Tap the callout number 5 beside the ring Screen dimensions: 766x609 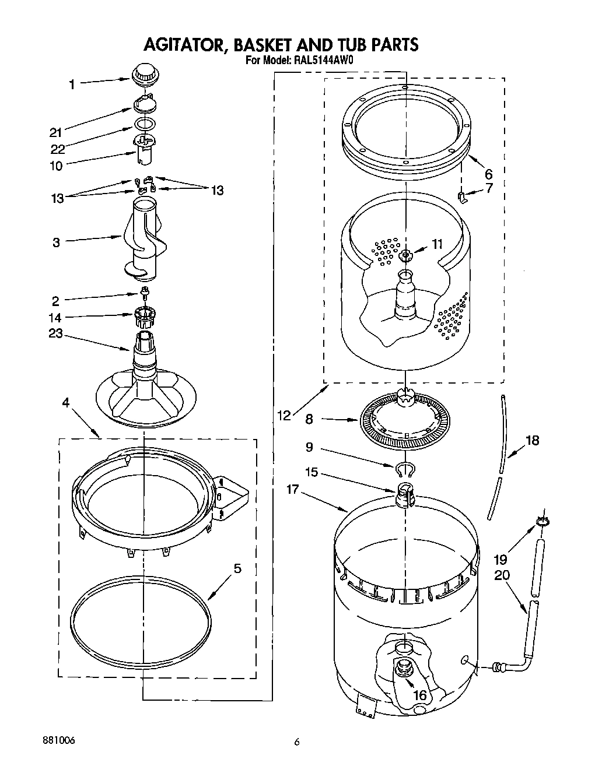[x=237, y=568]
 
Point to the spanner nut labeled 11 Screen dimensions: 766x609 [x=404, y=255]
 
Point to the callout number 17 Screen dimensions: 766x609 [x=292, y=490]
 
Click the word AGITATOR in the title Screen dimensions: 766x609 [x=179, y=44]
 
